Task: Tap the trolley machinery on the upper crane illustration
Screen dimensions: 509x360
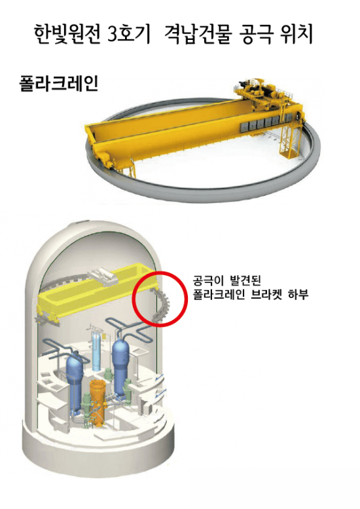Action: pos(259,92)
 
